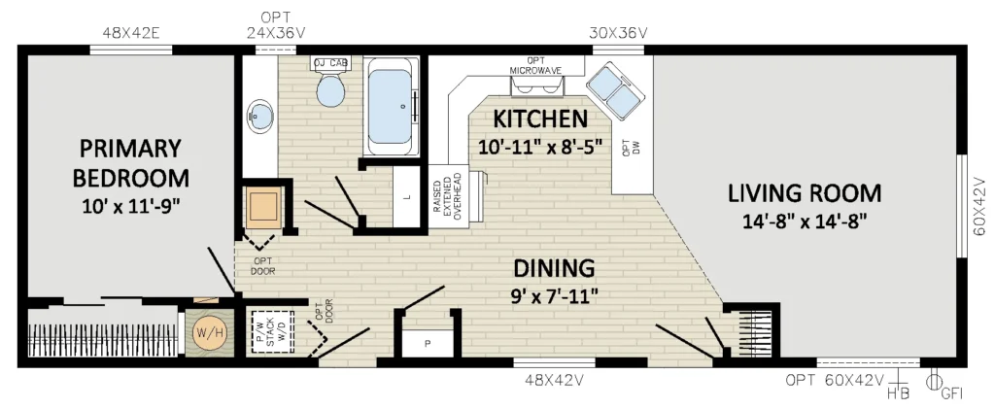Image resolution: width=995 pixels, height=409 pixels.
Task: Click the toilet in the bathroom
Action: pyautogui.click(x=330, y=87)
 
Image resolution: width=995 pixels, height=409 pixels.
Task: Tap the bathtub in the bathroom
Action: pyautogui.click(x=392, y=107)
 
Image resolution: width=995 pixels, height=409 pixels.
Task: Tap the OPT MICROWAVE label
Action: pyautogui.click(x=535, y=66)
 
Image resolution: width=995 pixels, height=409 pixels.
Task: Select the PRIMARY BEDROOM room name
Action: pyautogui.click(x=131, y=163)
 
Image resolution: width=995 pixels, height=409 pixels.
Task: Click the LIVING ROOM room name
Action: pyautogui.click(x=805, y=192)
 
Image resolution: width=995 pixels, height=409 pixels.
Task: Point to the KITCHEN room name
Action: pyautogui.click(x=540, y=118)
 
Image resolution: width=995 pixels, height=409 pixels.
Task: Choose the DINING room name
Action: pyautogui.click(x=555, y=267)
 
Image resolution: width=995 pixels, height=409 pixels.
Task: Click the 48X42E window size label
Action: pyautogui.click(x=131, y=33)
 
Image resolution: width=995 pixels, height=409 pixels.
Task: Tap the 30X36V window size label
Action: pyautogui.click(x=619, y=33)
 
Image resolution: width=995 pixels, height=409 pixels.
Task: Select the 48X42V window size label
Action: pyautogui.click(x=553, y=381)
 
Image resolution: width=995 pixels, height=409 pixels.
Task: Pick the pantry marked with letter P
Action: pyautogui.click(x=428, y=343)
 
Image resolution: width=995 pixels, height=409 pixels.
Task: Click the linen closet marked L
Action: pyautogui.click(x=408, y=196)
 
